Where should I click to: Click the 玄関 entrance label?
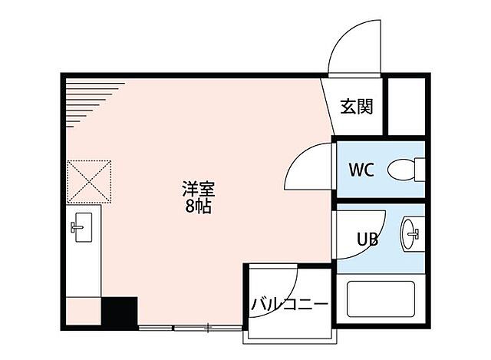point(357,107)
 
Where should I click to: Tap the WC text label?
point(361,169)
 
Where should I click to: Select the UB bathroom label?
point(367,239)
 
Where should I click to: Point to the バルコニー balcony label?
point(290,305)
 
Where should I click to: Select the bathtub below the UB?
point(381,304)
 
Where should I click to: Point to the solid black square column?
point(119,312)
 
